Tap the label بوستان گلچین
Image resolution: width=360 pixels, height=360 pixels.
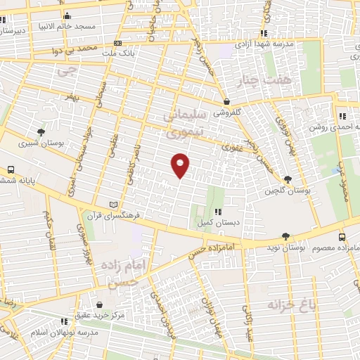point(291,190)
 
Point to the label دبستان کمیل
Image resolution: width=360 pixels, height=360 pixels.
point(218,221)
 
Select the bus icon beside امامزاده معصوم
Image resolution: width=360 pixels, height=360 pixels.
point(342,237)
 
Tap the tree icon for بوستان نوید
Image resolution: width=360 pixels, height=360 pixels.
point(285,237)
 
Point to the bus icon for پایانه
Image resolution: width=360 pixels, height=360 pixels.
point(11,169)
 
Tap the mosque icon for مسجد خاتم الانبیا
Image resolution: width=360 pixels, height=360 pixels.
point(67,15)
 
